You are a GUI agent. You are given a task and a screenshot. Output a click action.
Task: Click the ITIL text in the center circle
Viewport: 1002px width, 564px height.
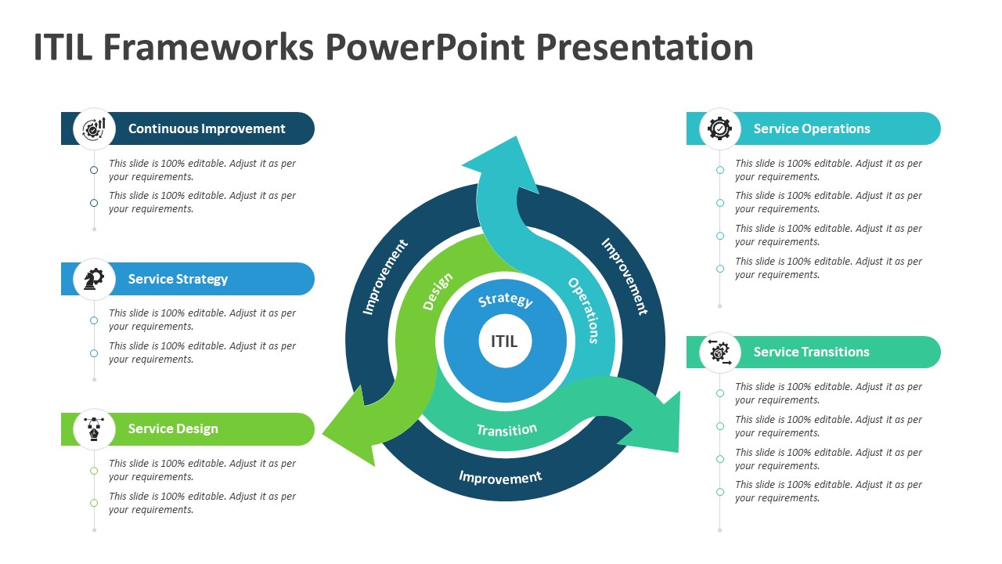504,342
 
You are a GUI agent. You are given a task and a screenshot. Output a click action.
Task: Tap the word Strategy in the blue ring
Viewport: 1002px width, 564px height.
505,301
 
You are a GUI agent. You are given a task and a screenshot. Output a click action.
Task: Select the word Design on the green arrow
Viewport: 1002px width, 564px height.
438,291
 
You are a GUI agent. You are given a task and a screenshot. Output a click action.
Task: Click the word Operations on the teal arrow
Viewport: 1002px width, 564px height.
584,310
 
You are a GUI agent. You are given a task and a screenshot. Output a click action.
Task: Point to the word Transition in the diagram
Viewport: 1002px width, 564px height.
506,430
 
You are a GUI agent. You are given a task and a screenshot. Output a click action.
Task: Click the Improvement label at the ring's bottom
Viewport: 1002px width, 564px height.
500,477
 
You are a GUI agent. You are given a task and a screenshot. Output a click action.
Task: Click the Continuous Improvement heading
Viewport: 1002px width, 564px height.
207,128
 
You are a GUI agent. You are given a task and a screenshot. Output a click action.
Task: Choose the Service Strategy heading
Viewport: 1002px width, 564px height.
178,279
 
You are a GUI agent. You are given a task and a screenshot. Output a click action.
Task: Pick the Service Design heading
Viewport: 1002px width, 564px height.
173,429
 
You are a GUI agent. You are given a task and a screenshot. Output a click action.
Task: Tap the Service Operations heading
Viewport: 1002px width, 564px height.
812,128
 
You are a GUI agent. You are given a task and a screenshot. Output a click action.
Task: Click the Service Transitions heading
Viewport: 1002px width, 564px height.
811,352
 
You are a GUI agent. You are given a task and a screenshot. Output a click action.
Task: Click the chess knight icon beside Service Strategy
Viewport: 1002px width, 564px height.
94,279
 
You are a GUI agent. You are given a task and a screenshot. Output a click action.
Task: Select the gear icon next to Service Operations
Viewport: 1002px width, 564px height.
719,128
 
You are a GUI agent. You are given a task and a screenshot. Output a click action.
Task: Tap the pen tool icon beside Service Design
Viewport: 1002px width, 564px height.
94,429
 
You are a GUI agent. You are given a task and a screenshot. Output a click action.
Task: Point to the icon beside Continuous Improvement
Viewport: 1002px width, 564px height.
94,128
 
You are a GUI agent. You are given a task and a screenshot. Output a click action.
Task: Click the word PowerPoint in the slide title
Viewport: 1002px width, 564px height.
424,47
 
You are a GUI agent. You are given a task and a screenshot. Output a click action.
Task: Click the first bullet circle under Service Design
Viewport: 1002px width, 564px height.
94,471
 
